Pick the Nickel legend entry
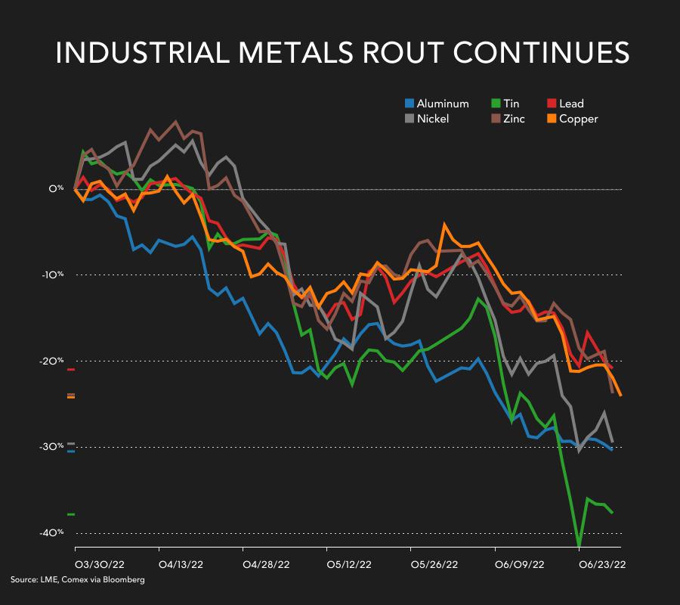(427, 119)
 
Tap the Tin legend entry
(505, 104)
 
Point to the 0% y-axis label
(57, 188)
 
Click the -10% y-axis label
(54, 275)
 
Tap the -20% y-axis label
(54, 361)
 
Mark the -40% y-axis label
(54, 533)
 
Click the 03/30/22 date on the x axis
(100, 563)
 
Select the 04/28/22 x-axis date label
(267, 563)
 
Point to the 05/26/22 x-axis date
(434, 563)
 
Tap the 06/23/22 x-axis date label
(601, 563)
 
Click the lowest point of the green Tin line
(580, 545)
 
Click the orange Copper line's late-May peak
(445, 224)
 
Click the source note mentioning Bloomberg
(77, 580)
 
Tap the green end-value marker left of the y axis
(71, 514)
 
